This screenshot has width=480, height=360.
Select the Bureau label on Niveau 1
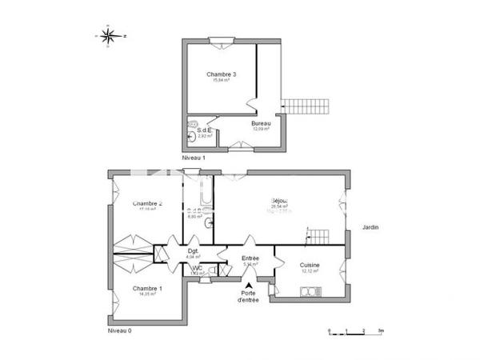coord(261,123)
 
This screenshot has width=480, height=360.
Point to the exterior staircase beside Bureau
coord(307,106)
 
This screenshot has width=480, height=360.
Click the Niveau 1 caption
coord(194,158)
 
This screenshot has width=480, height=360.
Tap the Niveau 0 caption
coord(120,330)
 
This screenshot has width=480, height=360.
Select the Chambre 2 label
coord(148,204)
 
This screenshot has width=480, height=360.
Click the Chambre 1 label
coord(146,289)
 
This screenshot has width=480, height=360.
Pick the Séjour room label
coord(279,200)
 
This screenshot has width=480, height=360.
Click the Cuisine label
coord(310,266)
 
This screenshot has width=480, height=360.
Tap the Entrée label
coord(250,258)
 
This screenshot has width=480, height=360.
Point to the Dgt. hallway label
coord(192,251)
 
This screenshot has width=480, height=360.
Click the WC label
coord(196,268)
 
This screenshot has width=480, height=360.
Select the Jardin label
coord(370,228)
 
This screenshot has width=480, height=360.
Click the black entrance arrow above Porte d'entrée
coord(250,285)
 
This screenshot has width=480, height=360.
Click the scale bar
coord(355,330)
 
